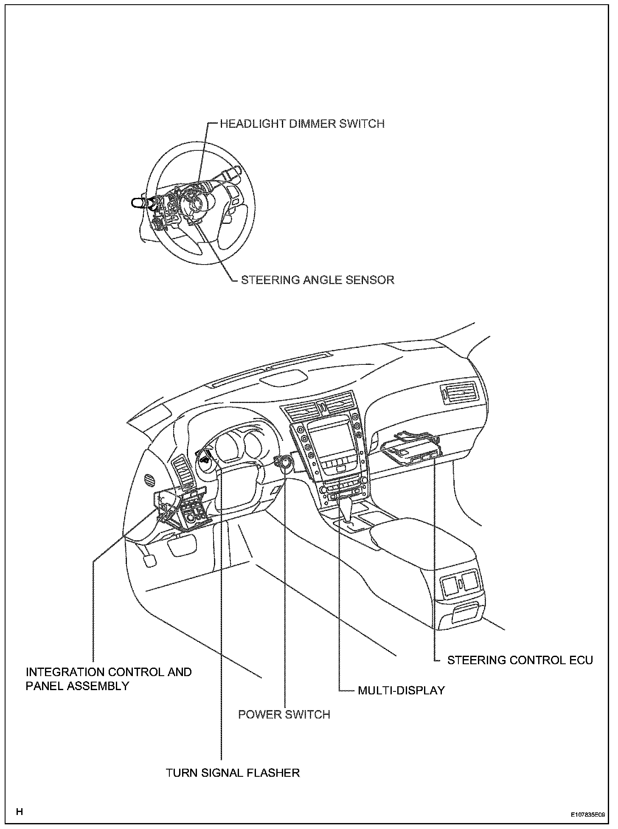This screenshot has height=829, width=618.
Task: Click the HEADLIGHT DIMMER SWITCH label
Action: (302, 124)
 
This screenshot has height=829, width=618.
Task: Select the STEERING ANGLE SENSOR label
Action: (317, 280)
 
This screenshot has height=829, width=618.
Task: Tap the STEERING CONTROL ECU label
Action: (520, 660)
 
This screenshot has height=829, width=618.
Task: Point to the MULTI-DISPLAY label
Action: (401, 691)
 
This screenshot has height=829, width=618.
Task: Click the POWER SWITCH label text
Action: (284, 714)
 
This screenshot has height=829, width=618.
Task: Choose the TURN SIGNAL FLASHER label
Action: (233, 773)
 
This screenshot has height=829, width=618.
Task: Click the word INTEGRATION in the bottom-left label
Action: (65, 672)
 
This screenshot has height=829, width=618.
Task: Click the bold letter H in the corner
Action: (19, 812)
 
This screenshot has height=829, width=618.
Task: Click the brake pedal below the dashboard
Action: (148, 560)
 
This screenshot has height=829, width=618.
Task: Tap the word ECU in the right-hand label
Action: (581, 660)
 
